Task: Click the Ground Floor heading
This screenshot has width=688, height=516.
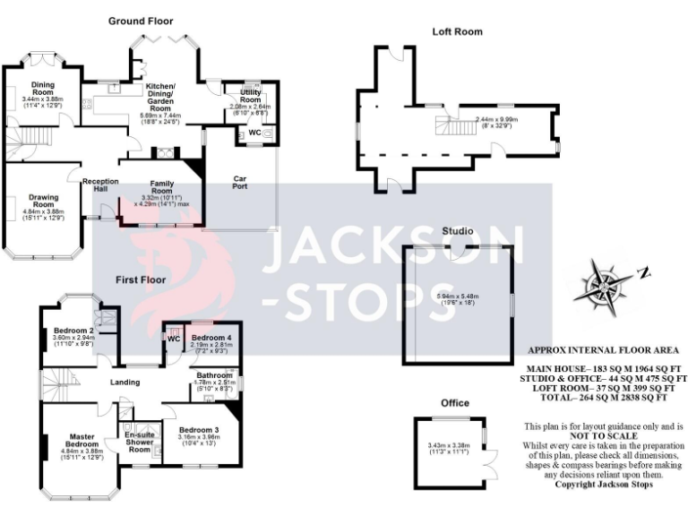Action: pos(141,21)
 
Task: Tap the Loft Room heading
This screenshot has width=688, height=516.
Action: pos(457,31)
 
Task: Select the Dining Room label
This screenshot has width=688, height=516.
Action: pos(43,89)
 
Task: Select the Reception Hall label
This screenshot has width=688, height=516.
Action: pos(100,185)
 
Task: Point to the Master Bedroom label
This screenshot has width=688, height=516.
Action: pos(82,441)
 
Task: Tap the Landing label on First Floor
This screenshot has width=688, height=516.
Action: pos(125,383)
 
